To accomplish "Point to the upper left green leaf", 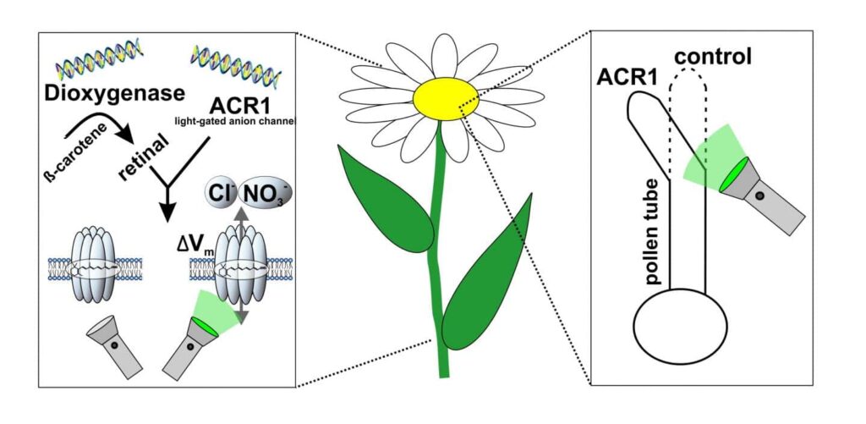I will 386,196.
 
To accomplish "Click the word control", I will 714,58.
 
